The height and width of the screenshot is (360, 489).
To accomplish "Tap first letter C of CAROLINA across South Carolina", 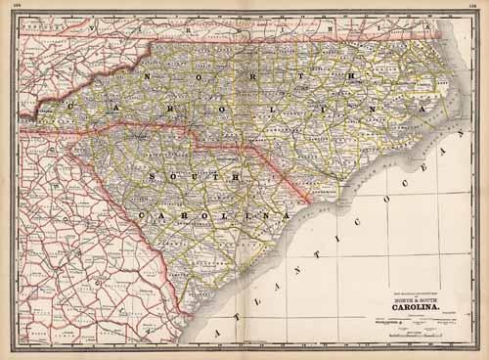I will [x=144, y=214].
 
